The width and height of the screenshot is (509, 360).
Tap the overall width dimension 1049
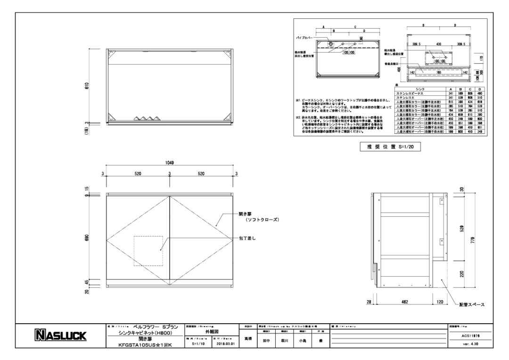(170, 163)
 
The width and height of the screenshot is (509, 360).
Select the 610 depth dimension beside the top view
(87, 86)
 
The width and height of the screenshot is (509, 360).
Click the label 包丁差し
(246, 238)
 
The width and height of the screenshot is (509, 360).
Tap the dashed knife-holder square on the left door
(148, 251)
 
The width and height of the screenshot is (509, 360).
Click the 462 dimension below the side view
(404, 302)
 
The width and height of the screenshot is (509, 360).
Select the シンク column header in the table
(418, 89)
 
